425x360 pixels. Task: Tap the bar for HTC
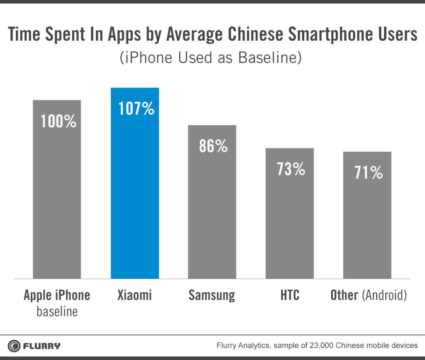click(290, 220)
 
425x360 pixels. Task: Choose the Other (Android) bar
click(367, 224)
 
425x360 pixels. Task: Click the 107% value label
click(136, 109)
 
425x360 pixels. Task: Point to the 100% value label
click(59, 121)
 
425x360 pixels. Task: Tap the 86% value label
click(213, 146)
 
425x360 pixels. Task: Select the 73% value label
click(291, 169)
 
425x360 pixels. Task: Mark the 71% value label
click(369, 173)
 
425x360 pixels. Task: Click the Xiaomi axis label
click(134, 295)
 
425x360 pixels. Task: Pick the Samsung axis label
click(212, 295)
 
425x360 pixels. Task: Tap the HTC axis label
click(290, 295)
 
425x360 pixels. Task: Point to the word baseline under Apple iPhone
click(57, 311)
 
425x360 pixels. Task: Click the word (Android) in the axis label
click(384, 295)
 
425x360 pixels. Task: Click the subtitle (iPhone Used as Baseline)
click(210, 58)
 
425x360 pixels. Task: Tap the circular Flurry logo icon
click(14, 345)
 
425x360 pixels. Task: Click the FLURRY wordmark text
click(42, 345)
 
